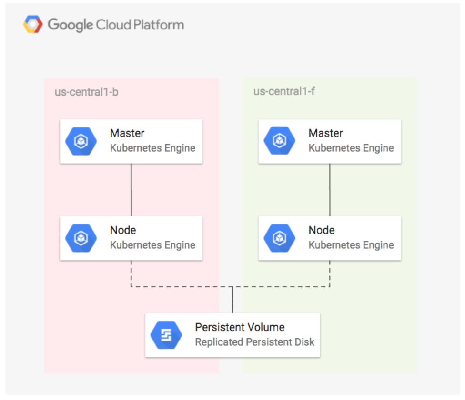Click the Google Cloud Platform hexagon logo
coord(33,25)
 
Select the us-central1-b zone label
coord(86,92)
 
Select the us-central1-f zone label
coord(284,92)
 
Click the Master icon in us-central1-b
coord(81,141)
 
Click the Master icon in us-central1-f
coord(279,141)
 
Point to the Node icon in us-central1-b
coord(81,238)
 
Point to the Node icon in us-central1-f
coord(279,238)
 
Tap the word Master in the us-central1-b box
coord(127,134)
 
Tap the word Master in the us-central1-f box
coord(325,134)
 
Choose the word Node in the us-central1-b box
coord(123,230)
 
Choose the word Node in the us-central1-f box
coord(322,230)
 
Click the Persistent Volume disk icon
coord(166,335)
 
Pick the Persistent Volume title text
coord(240,327)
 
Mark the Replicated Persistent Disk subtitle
coord(254,342)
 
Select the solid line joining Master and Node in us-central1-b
coord(131,190)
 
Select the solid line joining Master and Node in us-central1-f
coord(330,190)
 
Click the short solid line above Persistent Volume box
coord(232,300)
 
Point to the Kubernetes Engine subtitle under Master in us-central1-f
coord(351,148)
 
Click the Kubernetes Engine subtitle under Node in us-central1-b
coord(152,245)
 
